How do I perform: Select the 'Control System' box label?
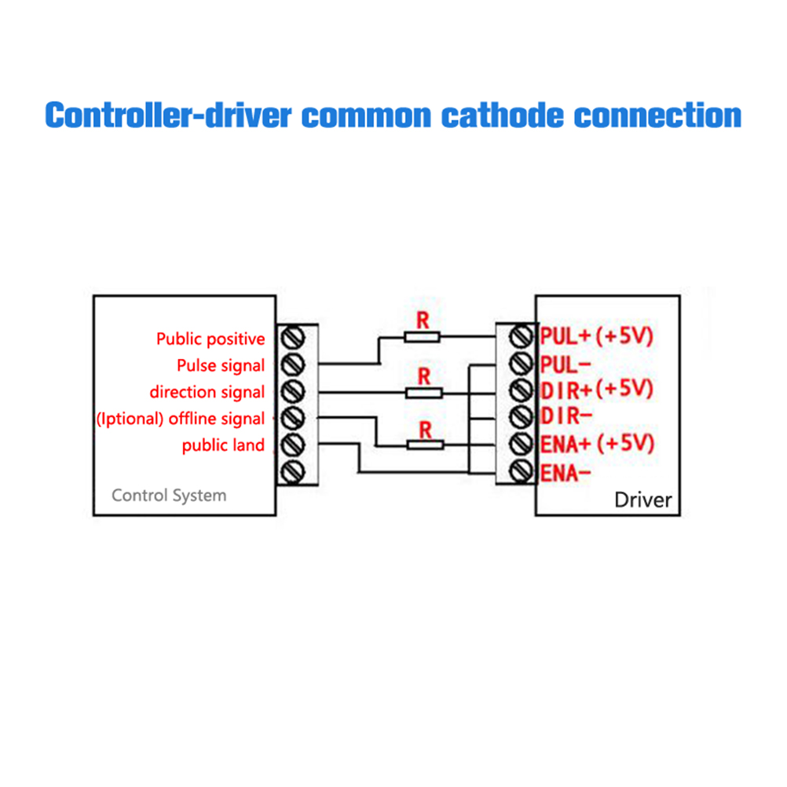pyautogui.click(x=169, y=496)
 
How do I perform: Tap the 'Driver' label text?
pyautogui.click(x=643, y=500)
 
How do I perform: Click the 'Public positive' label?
pyautogui.click(x=210, y=339)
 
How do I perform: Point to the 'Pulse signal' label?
pyautogui.click(x=221, y=366)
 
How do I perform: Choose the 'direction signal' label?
pyautogui.click(x=207, y=392)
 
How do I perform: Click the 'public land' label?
pyautogui.click(x=223, y=446)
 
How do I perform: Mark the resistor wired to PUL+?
pyautogui.click(x=423, y=337)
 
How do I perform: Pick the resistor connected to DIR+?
pyautogui.click(x=424, y=392)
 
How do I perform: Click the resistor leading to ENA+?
pyautogui.click(x=426, y=445)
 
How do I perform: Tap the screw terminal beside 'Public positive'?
pyautogui.click(x=293, y=338)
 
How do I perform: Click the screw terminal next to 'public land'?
pyautogui.click(x=293, y=445)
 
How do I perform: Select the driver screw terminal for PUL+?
pyautogui.click(x=520, y=337)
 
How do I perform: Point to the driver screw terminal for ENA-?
pyautogui.click(x=520, y=472)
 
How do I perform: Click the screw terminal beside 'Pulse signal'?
pyautogui.click(x=293, y=364)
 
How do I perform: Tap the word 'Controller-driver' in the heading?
pyautogui.click(x=168, y=115)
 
